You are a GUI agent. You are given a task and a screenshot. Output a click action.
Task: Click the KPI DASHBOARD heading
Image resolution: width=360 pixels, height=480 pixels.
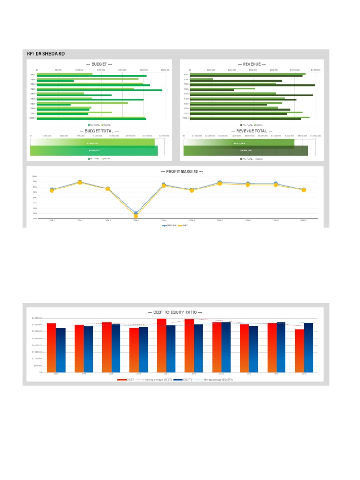[x=46, y=54]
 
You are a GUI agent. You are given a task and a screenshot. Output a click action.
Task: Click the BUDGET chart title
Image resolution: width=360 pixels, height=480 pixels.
[x=99, y=64]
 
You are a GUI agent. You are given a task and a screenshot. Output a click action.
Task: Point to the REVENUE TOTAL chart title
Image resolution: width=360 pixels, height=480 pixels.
[x=252, y=131]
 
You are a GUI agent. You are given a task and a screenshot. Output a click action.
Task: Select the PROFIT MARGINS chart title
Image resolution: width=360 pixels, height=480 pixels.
[x=181, y=172]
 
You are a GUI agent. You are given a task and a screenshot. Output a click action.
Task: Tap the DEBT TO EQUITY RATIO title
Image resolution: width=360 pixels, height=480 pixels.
[x=174, y=312]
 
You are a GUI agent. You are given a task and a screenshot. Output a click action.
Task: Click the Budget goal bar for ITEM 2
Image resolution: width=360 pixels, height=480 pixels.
[x=88, y=79]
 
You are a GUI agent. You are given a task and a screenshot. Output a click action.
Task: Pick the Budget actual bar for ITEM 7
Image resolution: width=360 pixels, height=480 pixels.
[x=54, y=105]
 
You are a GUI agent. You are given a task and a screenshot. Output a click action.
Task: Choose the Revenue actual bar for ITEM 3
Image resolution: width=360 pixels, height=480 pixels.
[x=253, y=85]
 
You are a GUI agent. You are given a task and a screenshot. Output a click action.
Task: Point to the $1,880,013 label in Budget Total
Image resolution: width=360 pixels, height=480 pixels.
[x=94, y=150]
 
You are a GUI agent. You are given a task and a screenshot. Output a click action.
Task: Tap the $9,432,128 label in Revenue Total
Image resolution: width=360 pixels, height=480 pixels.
[x=246, y=150]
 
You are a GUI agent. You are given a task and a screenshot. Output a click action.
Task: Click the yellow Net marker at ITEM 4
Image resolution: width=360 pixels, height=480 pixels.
[x=136, y=216]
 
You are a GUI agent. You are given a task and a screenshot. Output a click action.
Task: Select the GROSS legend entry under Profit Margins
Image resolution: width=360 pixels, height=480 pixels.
[x=169, y=225]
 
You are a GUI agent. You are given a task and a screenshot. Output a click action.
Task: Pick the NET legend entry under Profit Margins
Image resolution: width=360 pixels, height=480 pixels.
[x=184, y=225]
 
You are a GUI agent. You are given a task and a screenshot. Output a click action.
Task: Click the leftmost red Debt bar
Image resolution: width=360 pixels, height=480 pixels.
[x=52, y=347]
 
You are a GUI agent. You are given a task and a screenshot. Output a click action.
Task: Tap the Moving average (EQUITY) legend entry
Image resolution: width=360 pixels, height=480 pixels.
[x=216, y=379]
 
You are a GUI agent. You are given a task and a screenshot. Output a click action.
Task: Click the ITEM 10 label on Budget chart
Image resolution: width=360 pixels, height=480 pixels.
[x=33, y=118]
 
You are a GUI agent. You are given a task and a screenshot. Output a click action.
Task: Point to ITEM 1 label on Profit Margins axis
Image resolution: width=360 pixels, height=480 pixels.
[x=52, y=220]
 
